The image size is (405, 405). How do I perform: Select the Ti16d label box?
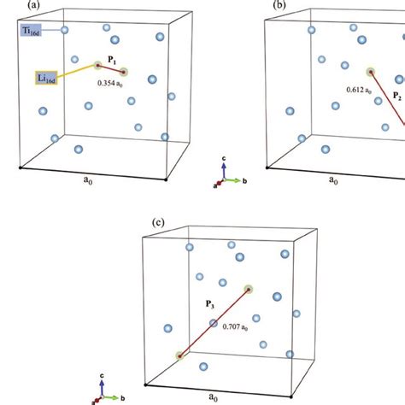coord(32,31)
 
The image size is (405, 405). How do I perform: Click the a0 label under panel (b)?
coord(333,181)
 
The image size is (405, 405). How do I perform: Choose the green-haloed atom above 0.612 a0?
coord(370,73)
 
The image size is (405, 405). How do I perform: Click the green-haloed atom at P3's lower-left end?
coord(179,355)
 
